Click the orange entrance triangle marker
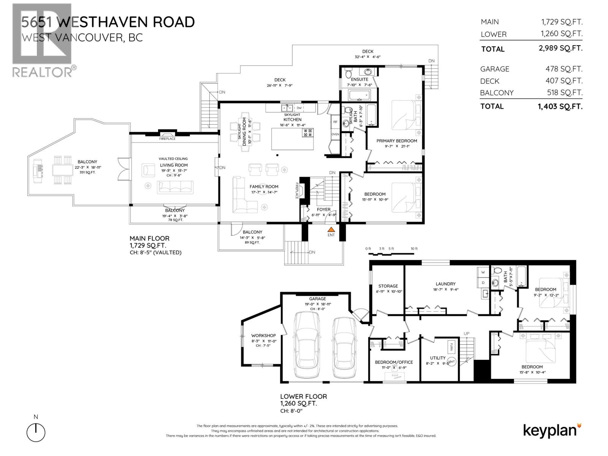tap(331, 230)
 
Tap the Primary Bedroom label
tap(396, 141)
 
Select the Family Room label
tap(264, 187)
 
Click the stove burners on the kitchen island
tap(307, 133)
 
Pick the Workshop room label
tap(263, 336)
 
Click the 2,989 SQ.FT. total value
tap(560, 48)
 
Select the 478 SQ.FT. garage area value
tap(564, 69)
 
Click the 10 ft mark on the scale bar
tap(414, 249)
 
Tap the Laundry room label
tap(445, 284)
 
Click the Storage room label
tap(388, 286)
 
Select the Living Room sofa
tap(175, 187)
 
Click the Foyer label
tap(323, 209)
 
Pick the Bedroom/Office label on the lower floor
tap(394, 362)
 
